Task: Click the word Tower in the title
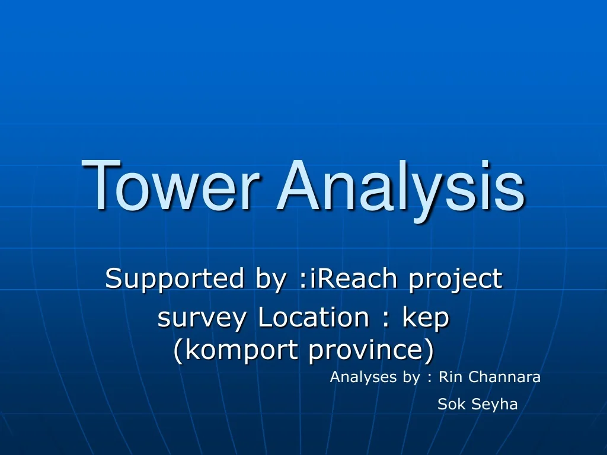coord(171,186)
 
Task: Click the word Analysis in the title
coord(400,186)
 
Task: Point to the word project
coord(455,278)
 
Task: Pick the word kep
coord(426,319)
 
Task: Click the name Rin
coord(450,377)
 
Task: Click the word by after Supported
coord(270,278)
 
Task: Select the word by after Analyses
coord(411,377)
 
